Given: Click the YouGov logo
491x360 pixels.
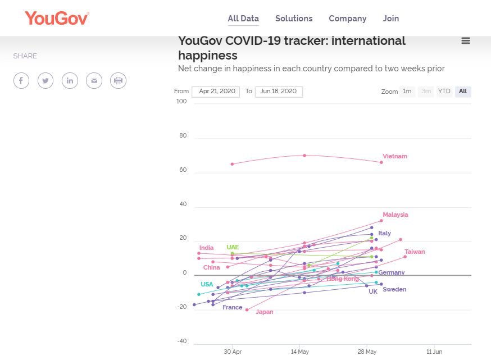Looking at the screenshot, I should coord(57,18).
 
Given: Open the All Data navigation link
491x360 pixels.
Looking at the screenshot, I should coord(243,19).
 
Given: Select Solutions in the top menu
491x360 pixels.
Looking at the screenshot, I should coord(294,19).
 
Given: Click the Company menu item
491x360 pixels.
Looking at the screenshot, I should coord(348,19).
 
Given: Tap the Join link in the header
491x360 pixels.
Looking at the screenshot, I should coord(391,19).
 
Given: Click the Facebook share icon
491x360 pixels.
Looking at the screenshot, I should coord(21,81).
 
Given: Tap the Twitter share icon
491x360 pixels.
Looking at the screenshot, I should coord(46,81).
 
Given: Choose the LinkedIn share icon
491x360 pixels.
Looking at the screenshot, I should coord(70,81).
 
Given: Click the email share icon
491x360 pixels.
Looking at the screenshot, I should coord(94,81).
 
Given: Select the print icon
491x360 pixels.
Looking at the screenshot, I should coord(118,81).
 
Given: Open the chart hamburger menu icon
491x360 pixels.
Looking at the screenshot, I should coord(465,40).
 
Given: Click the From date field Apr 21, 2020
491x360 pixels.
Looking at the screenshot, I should coord(216,92).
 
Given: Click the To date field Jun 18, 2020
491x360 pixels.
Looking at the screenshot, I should coord(279,92).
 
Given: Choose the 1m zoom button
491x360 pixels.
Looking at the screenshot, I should coord(407,92).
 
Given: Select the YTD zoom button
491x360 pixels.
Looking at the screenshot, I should coord(444,92).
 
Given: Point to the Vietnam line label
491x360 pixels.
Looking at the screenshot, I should coord(395,156).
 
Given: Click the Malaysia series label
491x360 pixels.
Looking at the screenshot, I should coord(395,215).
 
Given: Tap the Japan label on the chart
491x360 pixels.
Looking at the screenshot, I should coord(265,312).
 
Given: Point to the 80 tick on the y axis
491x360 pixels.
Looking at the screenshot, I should coord(181,135).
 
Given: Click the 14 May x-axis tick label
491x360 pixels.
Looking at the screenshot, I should coord(299,352).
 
